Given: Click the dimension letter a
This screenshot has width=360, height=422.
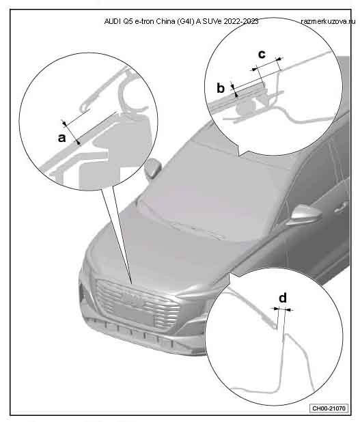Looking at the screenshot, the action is [x=62, y=138].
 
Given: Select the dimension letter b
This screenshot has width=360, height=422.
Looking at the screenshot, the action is [x=221, y=88].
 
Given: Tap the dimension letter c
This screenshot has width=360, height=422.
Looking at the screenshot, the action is [x=262, y=55].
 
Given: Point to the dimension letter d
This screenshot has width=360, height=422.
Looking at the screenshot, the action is [x=283, y=298].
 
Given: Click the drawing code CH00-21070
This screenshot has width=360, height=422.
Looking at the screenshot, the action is [x=329, y=408].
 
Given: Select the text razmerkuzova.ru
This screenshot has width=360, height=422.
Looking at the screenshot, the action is [x=328, y=22].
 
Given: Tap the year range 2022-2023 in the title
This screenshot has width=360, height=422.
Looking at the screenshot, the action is [x=241, y=22].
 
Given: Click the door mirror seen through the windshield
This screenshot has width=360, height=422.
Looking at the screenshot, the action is [x=152, y=169].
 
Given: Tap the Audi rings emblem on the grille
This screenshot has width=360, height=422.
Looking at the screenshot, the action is [x=133, y=299].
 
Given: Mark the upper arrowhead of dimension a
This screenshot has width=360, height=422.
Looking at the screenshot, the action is [x=65, y=124].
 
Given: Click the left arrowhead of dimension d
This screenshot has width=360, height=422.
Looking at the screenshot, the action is [x=276, y=309].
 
